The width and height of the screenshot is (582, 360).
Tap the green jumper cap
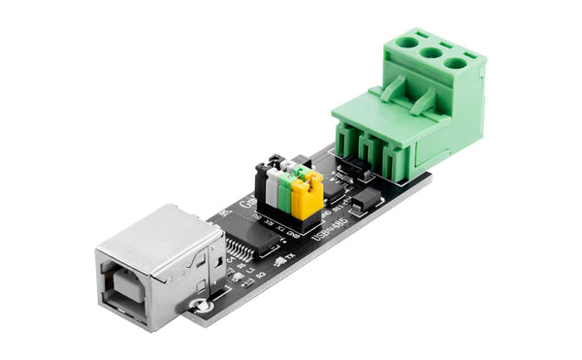tap(288, 190)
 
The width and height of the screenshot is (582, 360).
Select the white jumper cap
tap(274, 183)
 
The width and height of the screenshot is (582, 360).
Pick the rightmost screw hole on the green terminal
tap(455, 64)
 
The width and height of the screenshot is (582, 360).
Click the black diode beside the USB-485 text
tap(366, 203)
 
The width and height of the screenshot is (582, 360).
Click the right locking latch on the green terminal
tap(424, 100)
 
